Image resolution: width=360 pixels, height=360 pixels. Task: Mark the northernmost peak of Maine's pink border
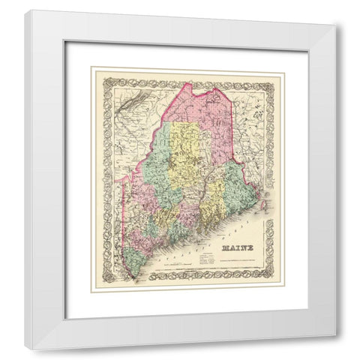pos(217,88)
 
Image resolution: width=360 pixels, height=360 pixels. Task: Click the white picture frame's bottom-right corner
pos(334,342)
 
